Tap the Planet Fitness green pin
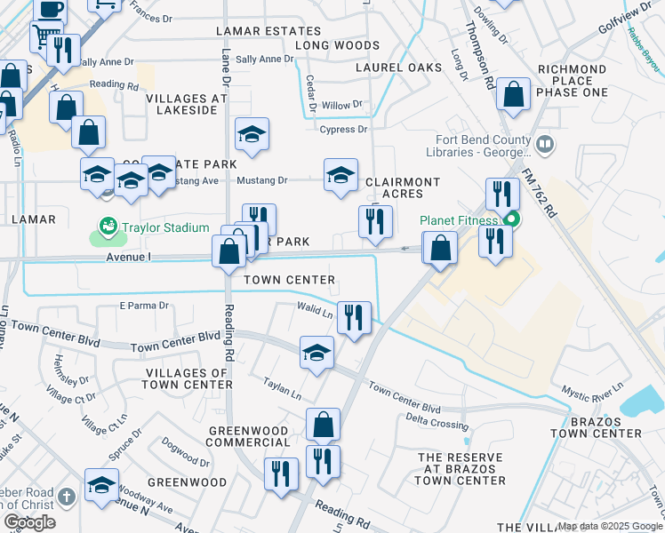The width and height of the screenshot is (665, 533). [x=511, y=220]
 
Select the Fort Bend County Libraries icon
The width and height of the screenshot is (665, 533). [x=545, y=141]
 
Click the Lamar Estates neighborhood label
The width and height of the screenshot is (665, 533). [x=256, y=31]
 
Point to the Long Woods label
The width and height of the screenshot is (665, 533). [x=337, y=45]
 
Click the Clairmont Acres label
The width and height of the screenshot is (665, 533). [x=403, y=187]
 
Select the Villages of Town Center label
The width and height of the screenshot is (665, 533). [x=188, y=378]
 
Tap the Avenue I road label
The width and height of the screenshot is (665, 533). [x=130, y=257]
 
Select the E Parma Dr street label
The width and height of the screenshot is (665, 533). [x=144, y=306]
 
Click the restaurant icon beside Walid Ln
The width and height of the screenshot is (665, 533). [x=355, y=318]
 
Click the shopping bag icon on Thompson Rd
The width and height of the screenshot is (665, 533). [x=514, y=94]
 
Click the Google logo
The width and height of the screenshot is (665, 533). [x=29, y=522]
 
